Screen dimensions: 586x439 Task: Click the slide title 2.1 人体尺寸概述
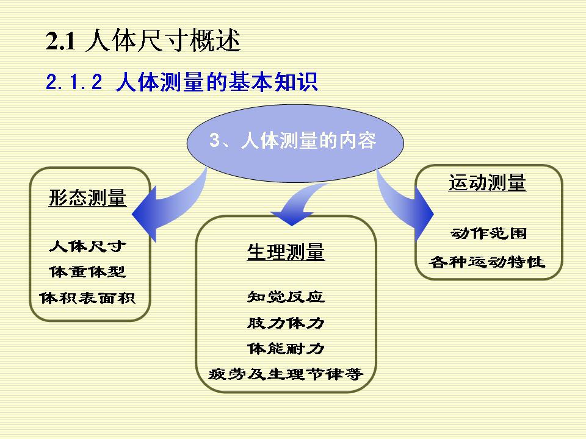(x=143, y=40)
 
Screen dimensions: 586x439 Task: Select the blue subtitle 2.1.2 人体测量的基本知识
(x=182, y=81)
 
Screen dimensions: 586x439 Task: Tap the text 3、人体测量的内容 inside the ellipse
(x=292, y=140)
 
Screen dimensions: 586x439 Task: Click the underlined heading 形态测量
(x=87, y=198)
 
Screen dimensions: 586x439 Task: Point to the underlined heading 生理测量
(x=286, y=252)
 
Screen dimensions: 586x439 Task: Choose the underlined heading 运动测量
(x=487, y=182)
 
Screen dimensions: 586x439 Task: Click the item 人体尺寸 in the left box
(x=87, y=246)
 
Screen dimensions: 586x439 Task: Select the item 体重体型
(x=87, y=272)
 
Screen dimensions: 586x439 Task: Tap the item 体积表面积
(x=87, y=298)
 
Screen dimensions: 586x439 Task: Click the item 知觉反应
(x=286, y=297)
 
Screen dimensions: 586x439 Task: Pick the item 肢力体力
(x=286, y=323)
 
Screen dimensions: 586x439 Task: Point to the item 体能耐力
(x=286, y=349)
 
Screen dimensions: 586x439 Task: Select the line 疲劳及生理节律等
(x=286, y=374)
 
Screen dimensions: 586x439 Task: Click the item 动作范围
(x=489, y=234)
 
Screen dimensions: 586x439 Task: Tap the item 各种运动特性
(x=487, y=262)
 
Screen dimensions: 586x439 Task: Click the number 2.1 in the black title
(x=61, y=41)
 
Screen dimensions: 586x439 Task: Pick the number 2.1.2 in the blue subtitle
(x=74, y=82)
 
